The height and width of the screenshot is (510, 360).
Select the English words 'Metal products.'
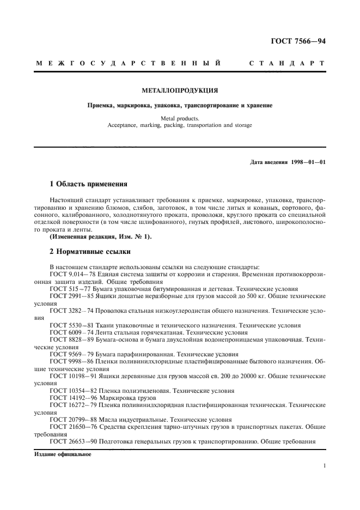[180, 118]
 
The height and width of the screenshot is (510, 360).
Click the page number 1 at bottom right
[324, 466]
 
